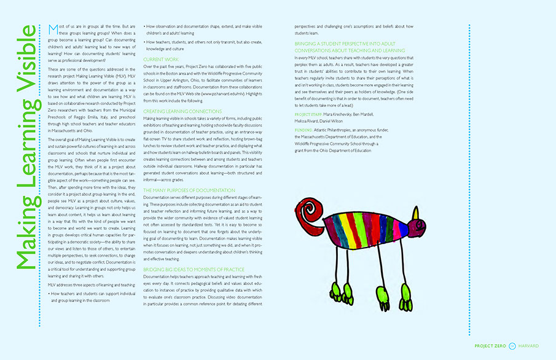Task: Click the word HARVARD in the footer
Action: click(528, 346)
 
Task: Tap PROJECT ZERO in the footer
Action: click(490, 346)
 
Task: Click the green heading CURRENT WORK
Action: click(161, 59)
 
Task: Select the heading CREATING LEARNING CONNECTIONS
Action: click(182, 111)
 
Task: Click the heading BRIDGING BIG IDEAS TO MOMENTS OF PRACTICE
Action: click(194, 269)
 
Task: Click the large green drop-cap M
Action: click(51, 30)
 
